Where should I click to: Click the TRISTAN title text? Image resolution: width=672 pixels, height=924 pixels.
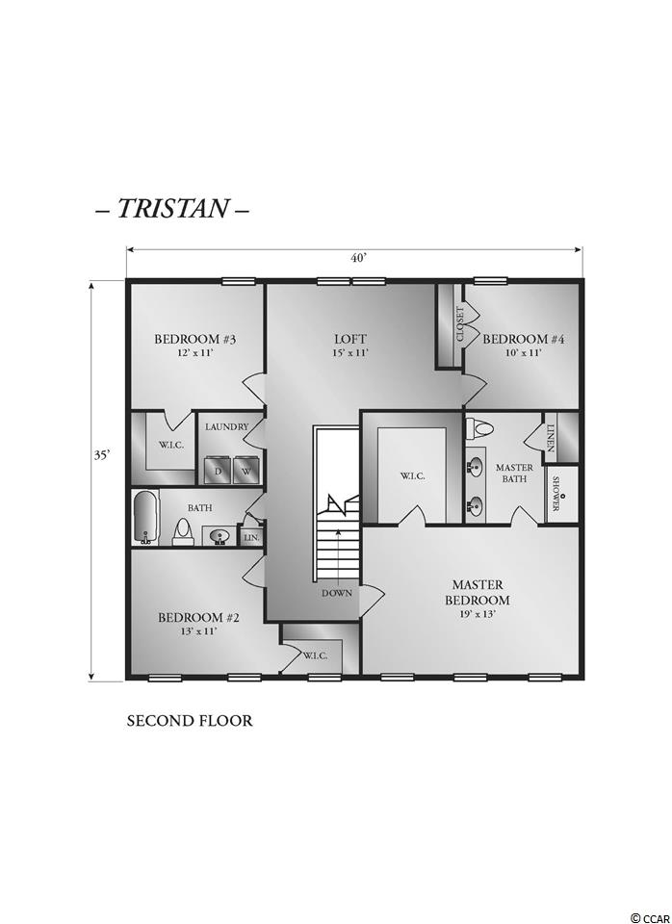(172, 208)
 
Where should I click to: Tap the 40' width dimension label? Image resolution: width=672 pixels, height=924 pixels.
(359, 260)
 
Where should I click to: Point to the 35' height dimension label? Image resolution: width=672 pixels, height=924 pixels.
(103, 455)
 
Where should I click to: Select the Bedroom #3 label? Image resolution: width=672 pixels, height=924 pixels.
(195, 340)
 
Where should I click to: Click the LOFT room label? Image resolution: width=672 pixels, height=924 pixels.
(350, 340)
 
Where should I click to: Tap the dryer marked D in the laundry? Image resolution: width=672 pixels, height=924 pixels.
(218, 472)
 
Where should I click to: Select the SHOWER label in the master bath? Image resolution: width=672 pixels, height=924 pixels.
(556, 495)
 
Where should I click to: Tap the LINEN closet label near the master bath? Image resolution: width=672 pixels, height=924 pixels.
(551, 439)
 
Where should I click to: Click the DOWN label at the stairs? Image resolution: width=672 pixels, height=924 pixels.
(337, 594)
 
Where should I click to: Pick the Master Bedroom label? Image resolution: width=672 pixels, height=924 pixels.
(477, 593)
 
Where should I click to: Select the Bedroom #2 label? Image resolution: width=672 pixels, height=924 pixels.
(198, 618)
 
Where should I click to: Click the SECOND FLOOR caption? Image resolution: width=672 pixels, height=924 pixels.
(190, 721)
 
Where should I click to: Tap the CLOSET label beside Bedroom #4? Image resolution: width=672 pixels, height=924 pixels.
(460, 323)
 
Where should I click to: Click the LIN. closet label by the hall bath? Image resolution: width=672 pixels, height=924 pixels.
(251, 538)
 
